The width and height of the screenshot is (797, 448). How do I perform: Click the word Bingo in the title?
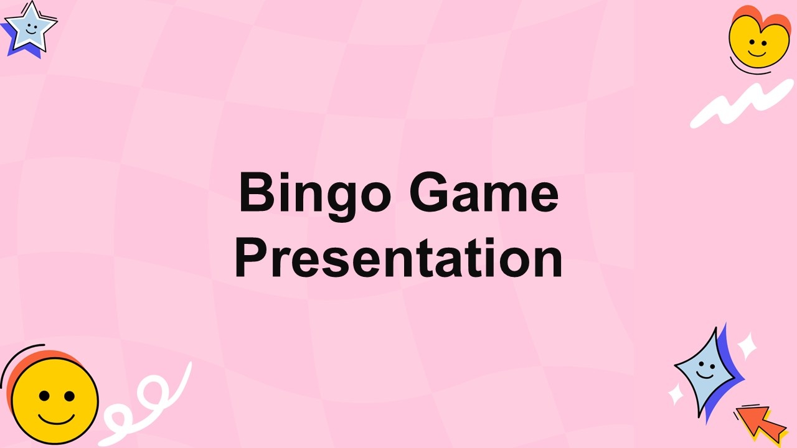click(315, 196)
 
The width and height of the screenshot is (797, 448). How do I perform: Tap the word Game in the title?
click(484, 192)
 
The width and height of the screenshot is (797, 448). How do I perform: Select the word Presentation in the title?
click(398, 258)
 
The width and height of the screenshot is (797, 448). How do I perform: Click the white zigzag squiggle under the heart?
click(742, 104)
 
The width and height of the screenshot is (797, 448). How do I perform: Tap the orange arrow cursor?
click(762, 424)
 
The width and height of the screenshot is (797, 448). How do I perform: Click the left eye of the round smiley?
click(44, 396)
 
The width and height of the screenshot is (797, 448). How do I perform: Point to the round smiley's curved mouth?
click(56, 419)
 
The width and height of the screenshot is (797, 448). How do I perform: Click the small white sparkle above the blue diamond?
click(747, 345)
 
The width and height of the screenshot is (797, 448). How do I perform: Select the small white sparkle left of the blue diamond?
click(676, 394)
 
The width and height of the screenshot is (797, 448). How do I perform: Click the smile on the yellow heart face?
click(757, 54)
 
